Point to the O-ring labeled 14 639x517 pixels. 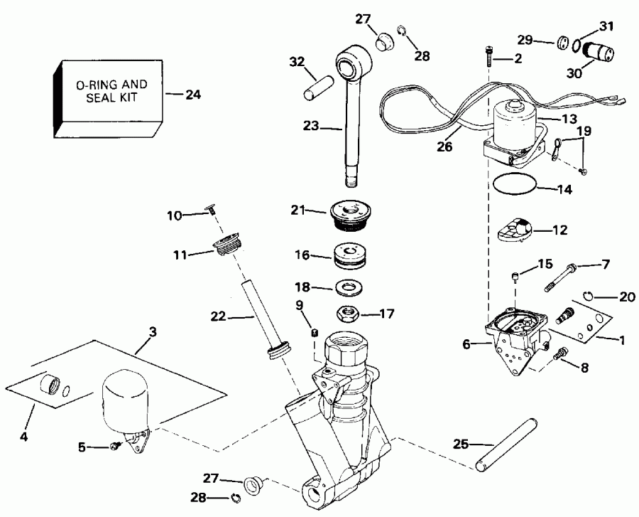[513, 186]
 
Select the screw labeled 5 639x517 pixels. [114, 446]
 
